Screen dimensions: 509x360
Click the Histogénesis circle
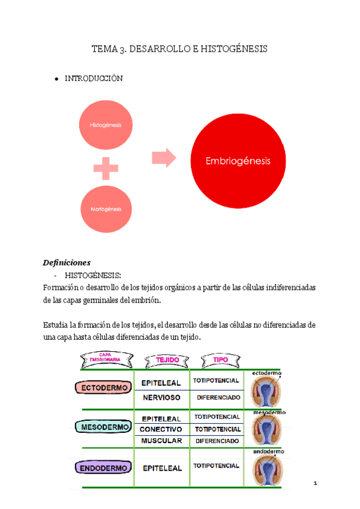106,125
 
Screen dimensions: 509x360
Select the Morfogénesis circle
106,209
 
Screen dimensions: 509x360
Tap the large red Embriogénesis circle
238,161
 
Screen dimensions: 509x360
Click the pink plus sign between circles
106,167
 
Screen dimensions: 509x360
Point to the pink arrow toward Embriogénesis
164,158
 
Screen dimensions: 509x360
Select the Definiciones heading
67,262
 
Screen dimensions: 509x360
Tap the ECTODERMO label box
104,388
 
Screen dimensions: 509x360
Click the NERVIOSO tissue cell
161,397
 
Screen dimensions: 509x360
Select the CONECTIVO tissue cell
161,429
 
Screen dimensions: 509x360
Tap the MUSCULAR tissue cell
161,441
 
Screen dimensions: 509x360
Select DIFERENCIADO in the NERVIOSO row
217,397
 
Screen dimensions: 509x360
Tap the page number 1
315,483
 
